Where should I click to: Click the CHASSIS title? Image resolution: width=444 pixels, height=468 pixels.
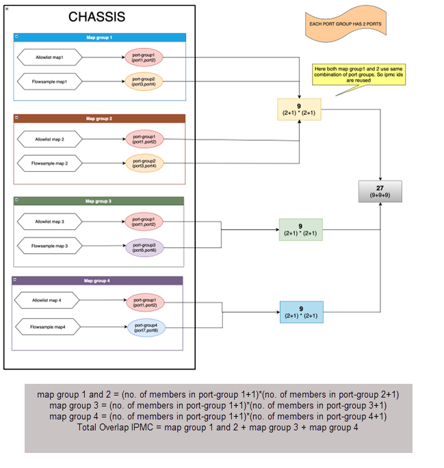click(96, 17)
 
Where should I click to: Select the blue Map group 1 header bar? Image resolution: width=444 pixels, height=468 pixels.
click(100, 38)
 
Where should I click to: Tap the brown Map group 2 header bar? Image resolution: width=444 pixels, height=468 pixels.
click(99, 118)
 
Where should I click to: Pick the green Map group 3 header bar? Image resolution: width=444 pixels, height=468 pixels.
click(99, 201)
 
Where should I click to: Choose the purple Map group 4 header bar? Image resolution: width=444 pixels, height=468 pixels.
click(97, 281)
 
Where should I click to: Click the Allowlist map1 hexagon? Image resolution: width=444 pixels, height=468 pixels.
click(49, 57)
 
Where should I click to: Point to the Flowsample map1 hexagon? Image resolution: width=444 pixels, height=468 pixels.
click(49, 81)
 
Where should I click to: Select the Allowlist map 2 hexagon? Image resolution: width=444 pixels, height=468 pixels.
click(49, 140)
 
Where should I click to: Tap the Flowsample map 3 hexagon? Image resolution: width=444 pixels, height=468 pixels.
click(49, 246)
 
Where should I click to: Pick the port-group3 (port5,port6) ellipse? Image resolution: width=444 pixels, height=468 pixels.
click(144, 247)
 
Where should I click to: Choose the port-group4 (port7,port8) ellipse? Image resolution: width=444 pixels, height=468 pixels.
click(146, 328)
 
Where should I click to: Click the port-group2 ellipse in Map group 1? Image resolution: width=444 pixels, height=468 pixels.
click(144, 81)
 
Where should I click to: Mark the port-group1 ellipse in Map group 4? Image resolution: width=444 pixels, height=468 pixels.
click(145, 301)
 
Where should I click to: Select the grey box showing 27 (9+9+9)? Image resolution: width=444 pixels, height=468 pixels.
click(380, 192)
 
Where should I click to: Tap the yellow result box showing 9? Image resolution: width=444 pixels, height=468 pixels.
click(299, 109)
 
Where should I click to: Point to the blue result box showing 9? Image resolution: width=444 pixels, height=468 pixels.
click(301, 312)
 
